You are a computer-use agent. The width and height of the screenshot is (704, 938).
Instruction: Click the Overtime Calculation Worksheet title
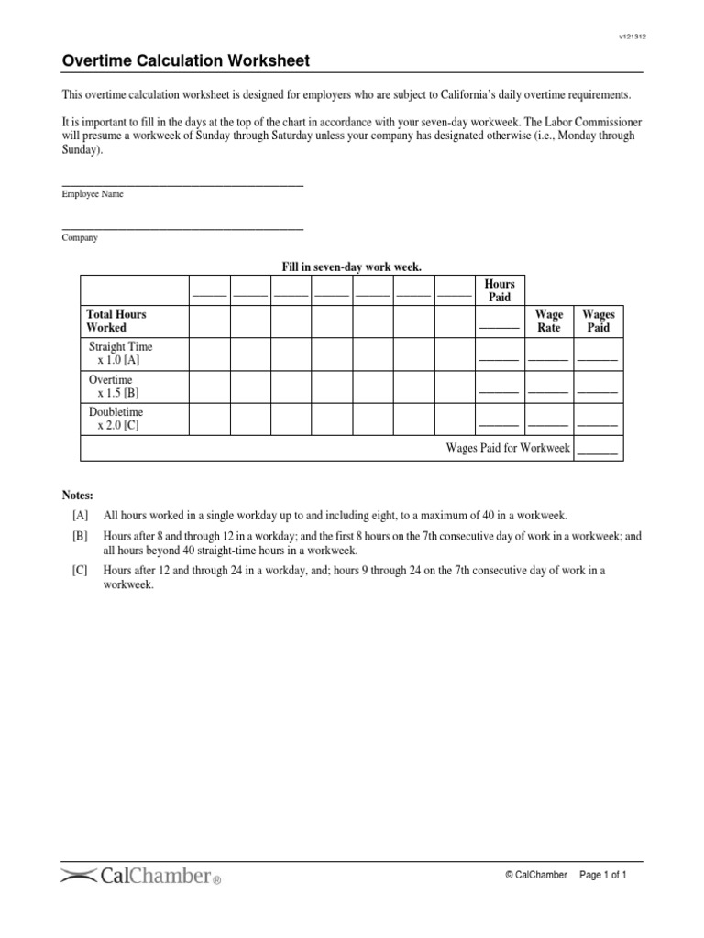click(x=185, y=61)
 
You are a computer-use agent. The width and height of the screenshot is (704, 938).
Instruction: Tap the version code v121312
click(x=632, y=36)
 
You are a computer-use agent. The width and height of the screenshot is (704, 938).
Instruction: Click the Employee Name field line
click(x=181, y=185)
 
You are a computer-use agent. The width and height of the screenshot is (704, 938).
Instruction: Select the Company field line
click(x=181, y=228)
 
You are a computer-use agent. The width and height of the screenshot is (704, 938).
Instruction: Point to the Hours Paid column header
click(x=499, y=290)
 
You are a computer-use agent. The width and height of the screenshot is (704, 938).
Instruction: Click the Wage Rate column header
click(x=549, y=321)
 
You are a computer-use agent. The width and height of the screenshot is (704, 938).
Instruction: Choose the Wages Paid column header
click(x=598, y=321)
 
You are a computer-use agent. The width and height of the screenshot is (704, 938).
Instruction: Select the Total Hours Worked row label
click(x=116, y=321)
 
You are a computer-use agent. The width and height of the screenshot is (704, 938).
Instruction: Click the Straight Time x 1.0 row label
click(x=120, y=354)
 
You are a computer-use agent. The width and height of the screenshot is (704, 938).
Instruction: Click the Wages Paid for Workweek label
click(x=508, y=448)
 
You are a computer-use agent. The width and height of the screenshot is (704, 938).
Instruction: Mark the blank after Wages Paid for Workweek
click(x=598, y=452)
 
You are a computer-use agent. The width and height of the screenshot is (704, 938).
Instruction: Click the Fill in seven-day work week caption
click(x=351, y=266)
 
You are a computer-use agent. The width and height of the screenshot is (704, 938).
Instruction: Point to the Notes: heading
click(x=77, y=495)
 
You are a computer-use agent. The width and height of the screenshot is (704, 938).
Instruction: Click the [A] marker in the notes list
click(x=81, y=516)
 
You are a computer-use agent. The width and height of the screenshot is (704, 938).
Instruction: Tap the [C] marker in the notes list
click(x=81, y=570)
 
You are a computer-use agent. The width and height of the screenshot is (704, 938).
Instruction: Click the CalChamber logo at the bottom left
click(x=141, y=876)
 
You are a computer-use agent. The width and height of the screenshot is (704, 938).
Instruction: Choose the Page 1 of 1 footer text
click(x=602, y=876)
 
